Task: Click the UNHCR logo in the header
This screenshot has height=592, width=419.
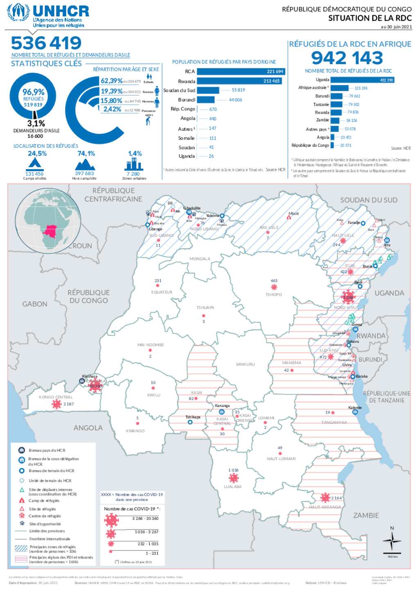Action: [48, 16]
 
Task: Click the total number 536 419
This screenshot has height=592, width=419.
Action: [46, 43]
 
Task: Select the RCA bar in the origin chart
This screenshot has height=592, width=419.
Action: [241, 72]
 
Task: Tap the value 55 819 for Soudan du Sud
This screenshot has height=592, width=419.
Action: [238, 90]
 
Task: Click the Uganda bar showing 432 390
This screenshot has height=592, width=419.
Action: [362, 80]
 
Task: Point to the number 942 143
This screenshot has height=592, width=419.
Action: [347, 58]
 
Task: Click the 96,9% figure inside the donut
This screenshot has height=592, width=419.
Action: [34, 92]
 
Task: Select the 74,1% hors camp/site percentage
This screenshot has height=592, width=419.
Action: [86, 154]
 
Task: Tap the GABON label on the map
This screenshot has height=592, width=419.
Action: [35, 304]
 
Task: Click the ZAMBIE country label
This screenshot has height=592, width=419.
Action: [366, 515]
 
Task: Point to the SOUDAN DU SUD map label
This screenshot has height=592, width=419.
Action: [369, 200]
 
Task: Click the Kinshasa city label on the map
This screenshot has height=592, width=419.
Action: [90, 376]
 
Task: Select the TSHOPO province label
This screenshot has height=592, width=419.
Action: [273, 295]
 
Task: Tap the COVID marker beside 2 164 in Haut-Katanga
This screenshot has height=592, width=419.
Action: [325, 497]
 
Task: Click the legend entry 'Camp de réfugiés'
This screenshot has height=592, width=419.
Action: [44, 501]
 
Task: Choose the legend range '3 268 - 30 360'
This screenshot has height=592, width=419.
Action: [145, 519]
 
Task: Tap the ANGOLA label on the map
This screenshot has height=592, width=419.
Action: [88, 428]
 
